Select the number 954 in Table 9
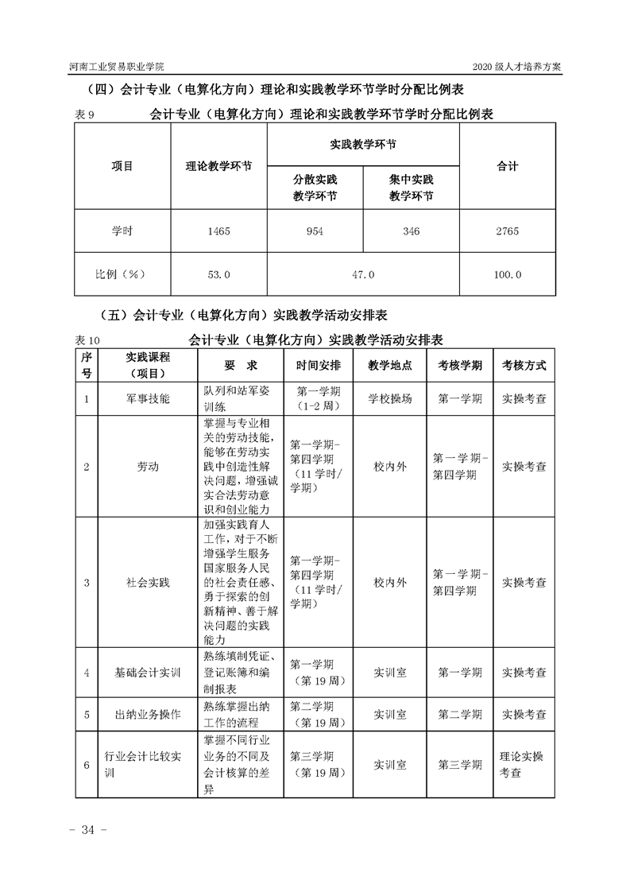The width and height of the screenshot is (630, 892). [x=315, y=231]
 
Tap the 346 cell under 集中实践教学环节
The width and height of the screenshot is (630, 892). [x=411, y=231]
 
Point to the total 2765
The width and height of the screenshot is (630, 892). [x=507, y=231]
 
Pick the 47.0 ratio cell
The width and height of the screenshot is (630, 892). [x=363, y=274]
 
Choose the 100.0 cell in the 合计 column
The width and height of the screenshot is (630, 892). [x=507, y=274]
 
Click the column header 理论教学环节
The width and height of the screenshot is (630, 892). [x=218, y=166]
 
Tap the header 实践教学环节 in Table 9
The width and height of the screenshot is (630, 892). [x=363, y=145]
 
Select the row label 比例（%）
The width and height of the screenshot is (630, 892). [x=122, y=274]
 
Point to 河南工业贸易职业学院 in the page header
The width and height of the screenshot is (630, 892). [x=117, y=66]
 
